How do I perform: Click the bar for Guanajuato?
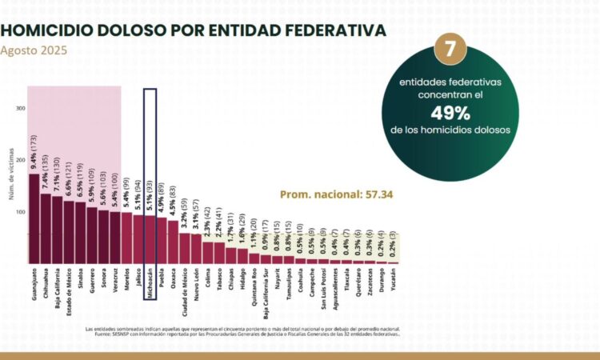click(x=34, y=219)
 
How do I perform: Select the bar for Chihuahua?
click(x=46, y=229)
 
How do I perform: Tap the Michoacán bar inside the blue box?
click(x=150, y=239)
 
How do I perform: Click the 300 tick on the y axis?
click(x=21, y=109)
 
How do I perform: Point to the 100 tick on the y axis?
click(x=21, y=212)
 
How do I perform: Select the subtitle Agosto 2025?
click(x=34, y=50)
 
